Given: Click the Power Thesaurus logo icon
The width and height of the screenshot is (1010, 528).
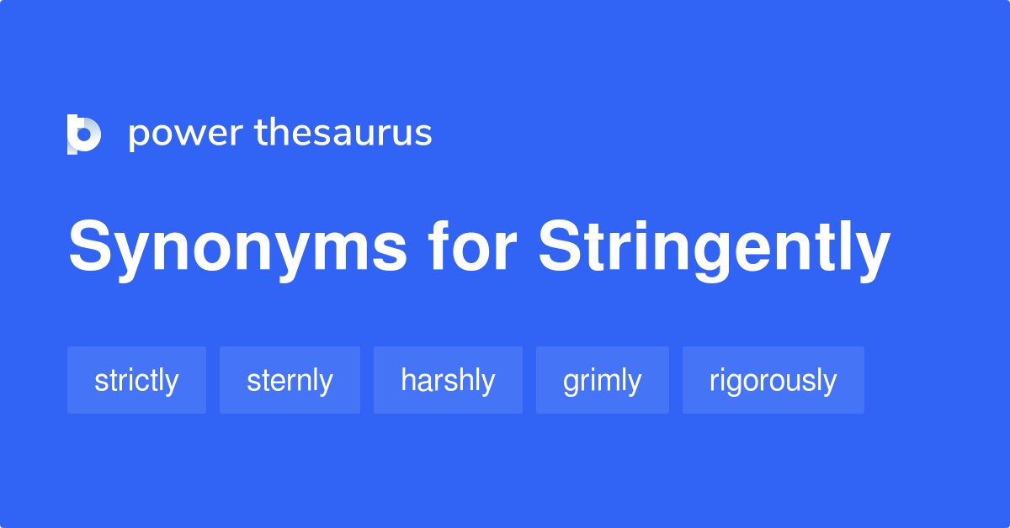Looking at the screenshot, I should pyautogui.click(x=84, y=134).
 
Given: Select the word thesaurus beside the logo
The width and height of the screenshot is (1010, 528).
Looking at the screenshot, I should pyautogui.click(x=343, y=133).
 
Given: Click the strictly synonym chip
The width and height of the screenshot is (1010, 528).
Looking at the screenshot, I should pyautogui.click(x=136, y=380).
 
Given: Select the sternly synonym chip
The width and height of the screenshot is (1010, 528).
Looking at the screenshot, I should pyautogui.click(x=290, y=380).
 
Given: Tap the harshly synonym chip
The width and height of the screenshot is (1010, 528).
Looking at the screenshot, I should pyautogui.click(x=448, y=380).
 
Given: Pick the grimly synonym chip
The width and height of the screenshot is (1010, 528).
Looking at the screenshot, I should pyautogui.click(x=602, y=380).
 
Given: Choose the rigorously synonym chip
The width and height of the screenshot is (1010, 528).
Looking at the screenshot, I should pyautogui.click(x=773, y=380).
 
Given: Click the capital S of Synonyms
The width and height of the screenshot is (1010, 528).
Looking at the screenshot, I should pyautogui.click(x=89, y=249).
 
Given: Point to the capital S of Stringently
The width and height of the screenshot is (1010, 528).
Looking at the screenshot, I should pyautogui.click(x=560, y=249).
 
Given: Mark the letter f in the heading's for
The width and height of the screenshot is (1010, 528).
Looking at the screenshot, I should pyautogui.click(x=439, y=247).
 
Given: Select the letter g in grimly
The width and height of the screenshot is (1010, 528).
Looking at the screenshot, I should pyautogui.click(x=571, y=383).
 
